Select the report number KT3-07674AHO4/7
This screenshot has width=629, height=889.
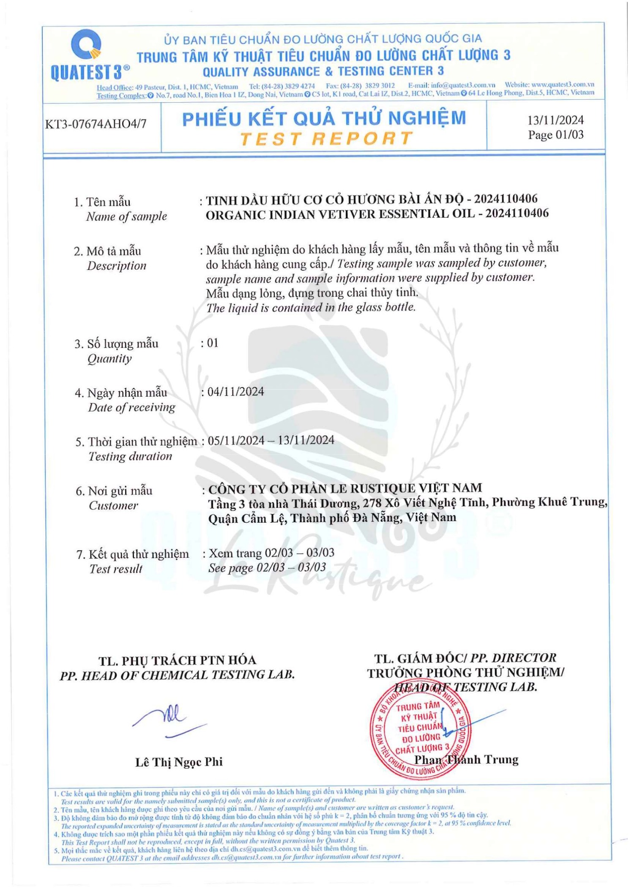click(x=96, y=124)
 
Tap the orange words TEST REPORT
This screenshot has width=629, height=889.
click(x=325, y=139)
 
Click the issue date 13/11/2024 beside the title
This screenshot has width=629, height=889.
click(x=555, y=120)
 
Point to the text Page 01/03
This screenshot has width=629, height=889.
click(x=555, y=135)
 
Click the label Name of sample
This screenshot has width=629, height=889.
click(x=126, y=217)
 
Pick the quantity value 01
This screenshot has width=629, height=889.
click(x=213, y=343)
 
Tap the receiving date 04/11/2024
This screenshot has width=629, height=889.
click(x=235, y=392)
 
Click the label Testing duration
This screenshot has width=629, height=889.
click(x=130, y=456)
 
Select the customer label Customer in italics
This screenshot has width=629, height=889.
click(x=113, y=505)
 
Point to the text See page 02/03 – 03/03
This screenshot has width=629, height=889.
click(x=267, y=567)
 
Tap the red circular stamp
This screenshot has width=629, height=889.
click(x=420, y=729)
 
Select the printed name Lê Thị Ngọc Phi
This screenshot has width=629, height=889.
click(x=178, y=762)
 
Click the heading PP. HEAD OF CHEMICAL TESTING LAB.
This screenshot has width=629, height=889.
click(x=177, y=675)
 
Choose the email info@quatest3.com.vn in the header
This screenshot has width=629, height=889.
click(x=462, y=85)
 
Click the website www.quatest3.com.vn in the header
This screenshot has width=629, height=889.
click(x=562, y=84)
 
